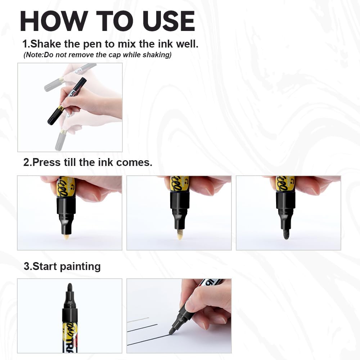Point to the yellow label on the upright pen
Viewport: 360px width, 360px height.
point(68,331)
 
